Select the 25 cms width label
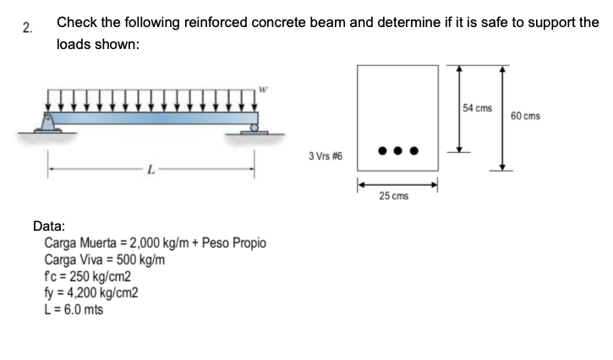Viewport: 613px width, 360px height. [394, 196]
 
